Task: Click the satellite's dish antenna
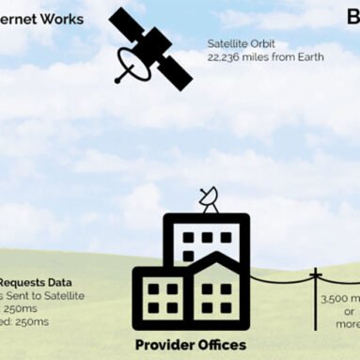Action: point(131,65)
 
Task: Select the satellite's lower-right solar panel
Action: point(173,70)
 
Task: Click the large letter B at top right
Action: point(352,18)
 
